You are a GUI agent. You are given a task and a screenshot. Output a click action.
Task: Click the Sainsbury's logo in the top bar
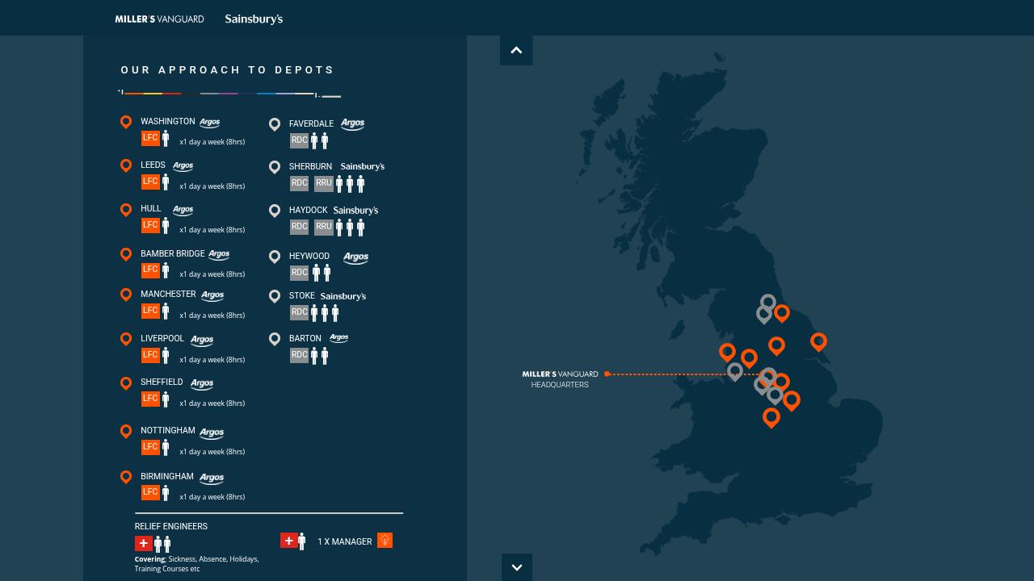pyautogui.click(x=254, y=19)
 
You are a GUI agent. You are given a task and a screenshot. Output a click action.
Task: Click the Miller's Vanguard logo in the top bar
pyautogui.click(x=159, y=19)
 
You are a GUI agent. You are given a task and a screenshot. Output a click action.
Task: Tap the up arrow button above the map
pyautogui.click(x=516, y=50)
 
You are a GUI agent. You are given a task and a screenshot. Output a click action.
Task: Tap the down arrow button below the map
pyautogui.click(x=516, y=567)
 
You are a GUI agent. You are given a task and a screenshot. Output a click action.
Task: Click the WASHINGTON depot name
pyautogui.click(x=167, y=121)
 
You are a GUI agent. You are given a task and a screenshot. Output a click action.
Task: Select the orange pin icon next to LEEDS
pyautogui.click(x=126, y=165)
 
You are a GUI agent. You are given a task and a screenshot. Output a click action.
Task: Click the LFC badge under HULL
pyautogui.click(x=150, y=225)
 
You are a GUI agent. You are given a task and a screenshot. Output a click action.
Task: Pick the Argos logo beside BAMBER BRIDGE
pyautogui.click(x=219, y=254)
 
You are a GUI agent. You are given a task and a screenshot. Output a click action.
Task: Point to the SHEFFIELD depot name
pyautogui.click(x=162, y=382)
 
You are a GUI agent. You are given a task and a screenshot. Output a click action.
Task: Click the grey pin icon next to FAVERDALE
pyautogui.click(x=275, y=123)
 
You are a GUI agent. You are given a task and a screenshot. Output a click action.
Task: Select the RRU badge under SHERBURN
pyautogui.click(x=323, y=183)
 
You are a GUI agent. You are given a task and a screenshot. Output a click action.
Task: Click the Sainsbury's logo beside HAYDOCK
pyautogui.click(x=355, y=210)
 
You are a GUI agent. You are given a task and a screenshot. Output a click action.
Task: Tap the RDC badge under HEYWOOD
pyautogui.click(x=299, y=273)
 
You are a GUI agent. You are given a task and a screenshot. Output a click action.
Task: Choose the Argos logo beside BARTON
pyautogui.click(x=339, y=338)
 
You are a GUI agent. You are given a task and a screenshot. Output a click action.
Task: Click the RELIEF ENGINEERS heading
pyautogui.click(x=171, y=526)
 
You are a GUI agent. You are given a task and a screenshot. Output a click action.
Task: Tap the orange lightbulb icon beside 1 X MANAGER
pyautogui.click(x=385, y=540)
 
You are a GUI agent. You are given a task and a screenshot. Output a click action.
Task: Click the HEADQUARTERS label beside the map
pyautogui.click(x=560, y=385)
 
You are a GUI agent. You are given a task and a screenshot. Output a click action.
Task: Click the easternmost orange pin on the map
pyautogui.click(x=818, y=341)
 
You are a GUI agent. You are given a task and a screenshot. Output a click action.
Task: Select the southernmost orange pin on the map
pyautogui.click(x=771, y=416)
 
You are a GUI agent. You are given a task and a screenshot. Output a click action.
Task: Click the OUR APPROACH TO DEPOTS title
pyautogui.click(x=228, y=70)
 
